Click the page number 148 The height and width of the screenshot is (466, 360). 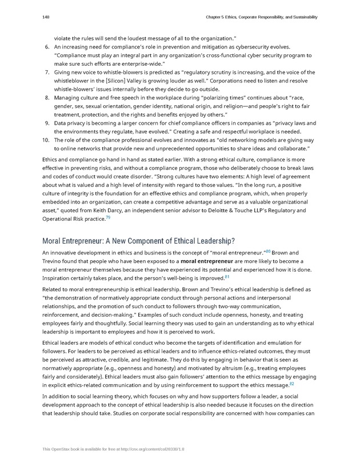[x=46, y=17]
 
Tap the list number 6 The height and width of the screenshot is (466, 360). [x=46, y=47]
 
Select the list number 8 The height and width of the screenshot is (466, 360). [x=46, y=98]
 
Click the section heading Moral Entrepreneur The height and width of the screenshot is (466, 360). [x=138, y=240]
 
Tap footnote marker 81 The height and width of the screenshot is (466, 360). [x=227, y=277]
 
